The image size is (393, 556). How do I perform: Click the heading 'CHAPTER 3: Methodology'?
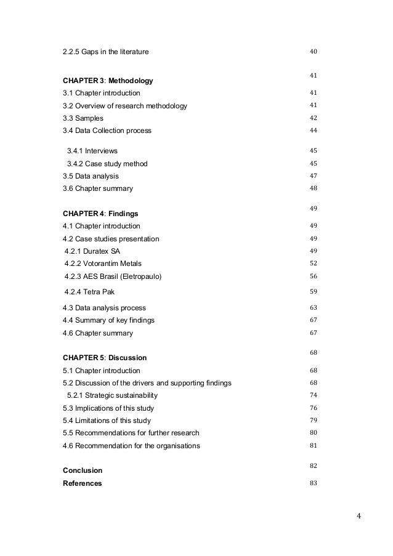pos(108,81)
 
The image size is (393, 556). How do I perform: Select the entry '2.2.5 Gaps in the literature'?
pos(105,52)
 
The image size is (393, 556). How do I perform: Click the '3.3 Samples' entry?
pos(83,118)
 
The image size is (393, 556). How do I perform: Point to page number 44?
pos(313,131)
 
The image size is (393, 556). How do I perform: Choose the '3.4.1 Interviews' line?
pos(92,151)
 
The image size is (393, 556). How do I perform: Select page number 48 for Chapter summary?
pos(313,188)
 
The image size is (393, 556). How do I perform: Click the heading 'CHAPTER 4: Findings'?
pos(100,214)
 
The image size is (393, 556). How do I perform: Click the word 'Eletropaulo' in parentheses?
pos(141,276)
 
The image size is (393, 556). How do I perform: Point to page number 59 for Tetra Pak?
pos(313,291)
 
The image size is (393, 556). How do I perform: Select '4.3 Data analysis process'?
pos(104,308)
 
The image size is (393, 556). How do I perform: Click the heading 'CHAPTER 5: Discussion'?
pos(105,358)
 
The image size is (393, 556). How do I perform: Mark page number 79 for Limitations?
pos(313,420)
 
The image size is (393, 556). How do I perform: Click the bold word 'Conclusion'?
pos(83,471)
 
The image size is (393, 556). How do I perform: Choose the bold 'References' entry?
pos(83,484)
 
